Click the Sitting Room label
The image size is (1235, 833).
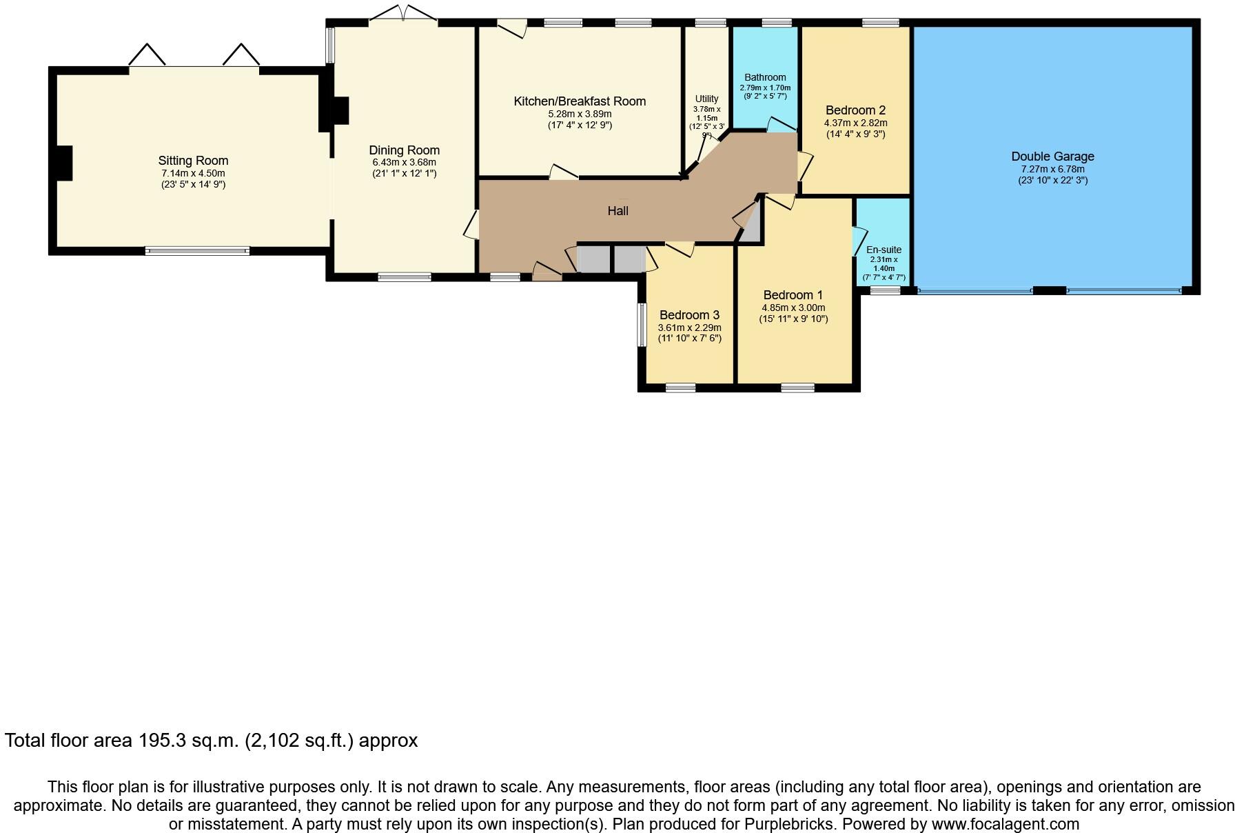tap(193, 161)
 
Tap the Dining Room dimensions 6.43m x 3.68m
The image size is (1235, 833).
tap(404, 162)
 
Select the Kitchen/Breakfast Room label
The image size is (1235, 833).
tap(580, 101)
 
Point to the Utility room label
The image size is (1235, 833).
tap(706, 99)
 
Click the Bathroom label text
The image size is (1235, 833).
tap(765, 77)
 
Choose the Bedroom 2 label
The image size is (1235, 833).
tap(855, 110)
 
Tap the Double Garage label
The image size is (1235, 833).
tap(1052, 157)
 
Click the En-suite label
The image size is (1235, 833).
tap(884, 250)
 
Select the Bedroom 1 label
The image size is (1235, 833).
tap(793, 295)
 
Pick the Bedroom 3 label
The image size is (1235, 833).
tap(689, 315)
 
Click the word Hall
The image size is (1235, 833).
tap(617, 211)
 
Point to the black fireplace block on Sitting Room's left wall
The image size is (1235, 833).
tap(63, 163)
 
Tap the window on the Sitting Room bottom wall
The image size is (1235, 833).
tap(197, 251)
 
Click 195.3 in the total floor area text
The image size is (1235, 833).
tap(163, 741)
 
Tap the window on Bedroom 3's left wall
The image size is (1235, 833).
tap(640, 324)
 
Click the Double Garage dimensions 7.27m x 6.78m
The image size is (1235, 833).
tap(1052, 169)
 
